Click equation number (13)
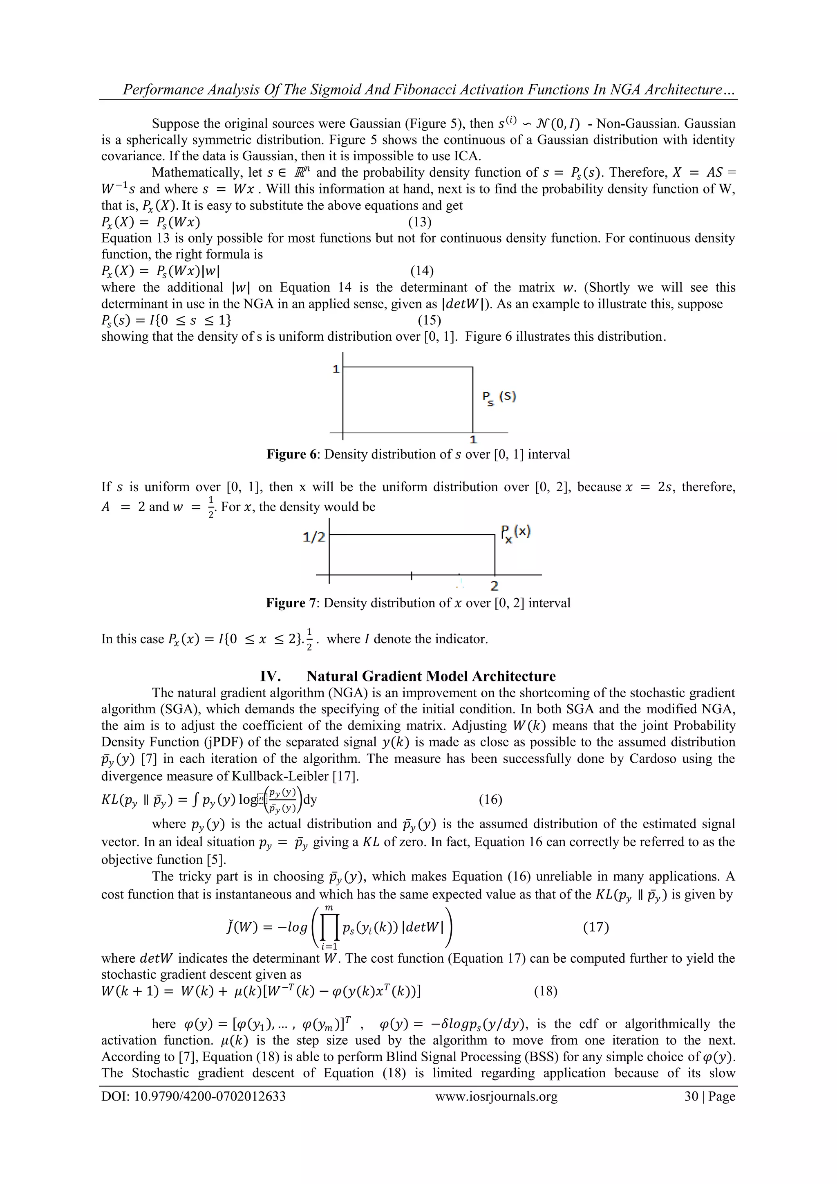click(420, 222)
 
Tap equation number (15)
click(429, 320)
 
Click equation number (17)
click(596, 927)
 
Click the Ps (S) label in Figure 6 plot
click(499, 397)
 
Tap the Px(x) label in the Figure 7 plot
click(515, 532)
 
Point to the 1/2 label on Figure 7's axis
click(313, 537)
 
